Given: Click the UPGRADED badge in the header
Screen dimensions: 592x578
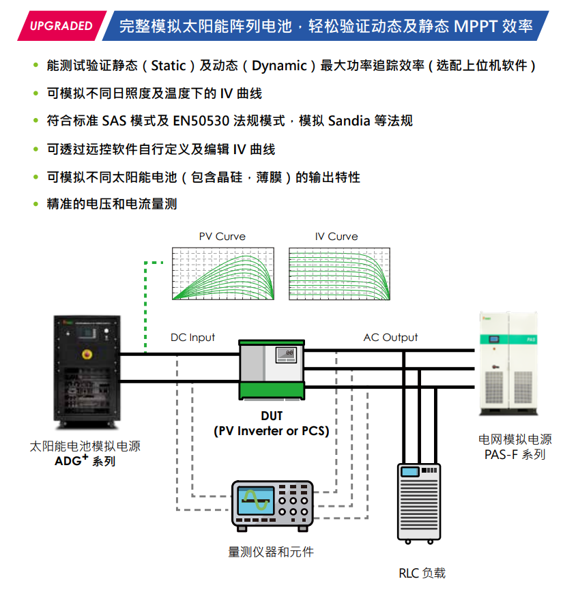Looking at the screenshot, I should pyautogui.click(x=61, y=26).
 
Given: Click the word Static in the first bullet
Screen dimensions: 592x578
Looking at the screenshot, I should pyautogui.click(x=169, y=65).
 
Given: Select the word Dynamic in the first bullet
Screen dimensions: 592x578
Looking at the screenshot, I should pyautogui.click(x=279, y=65).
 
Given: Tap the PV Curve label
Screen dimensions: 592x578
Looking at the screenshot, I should pyautogui.click(x=222, y=237).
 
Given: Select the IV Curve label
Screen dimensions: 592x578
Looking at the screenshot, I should pyautogui.click(x=336, y=237).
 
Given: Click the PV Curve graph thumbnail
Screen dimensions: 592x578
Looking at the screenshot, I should pyautogui.click(x=223, y=273).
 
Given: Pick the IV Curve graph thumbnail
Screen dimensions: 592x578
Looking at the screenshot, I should pyautogui.click(x=338, y=273).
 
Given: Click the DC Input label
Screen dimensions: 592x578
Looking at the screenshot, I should pyautogui.click(x=192, y=338).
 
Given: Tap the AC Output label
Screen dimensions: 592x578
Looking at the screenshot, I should pyautogui.click(x=390, y=338).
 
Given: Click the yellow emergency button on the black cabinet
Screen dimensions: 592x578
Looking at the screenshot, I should pyautogui.click(x=87, y=354).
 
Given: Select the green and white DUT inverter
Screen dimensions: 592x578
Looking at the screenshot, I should pyautogui.click(x=272, y=369).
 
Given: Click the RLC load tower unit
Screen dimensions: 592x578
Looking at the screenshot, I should pyautogui.click(x=419, y=501).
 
